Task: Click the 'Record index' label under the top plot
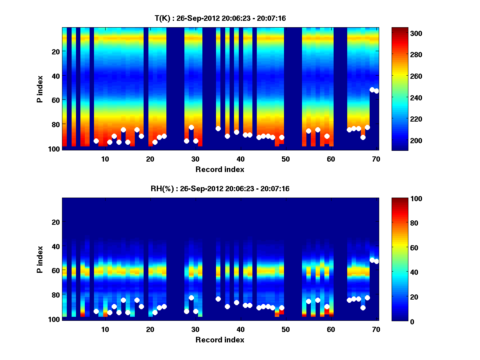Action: [220, 170]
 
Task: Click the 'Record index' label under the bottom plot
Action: [220, 340]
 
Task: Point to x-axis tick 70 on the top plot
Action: [376, 159]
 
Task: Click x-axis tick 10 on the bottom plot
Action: [105, 329]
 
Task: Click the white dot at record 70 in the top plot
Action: [376, 91]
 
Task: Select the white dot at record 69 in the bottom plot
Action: [372, 260]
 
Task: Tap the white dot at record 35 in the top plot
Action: [218, 128]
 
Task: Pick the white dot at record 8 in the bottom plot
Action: [96, 311]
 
